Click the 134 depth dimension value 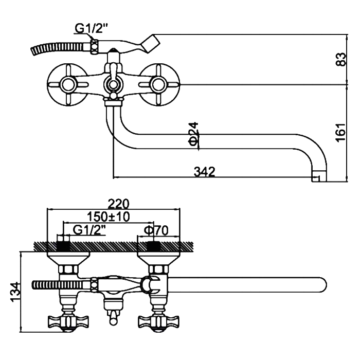[14, 291]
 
